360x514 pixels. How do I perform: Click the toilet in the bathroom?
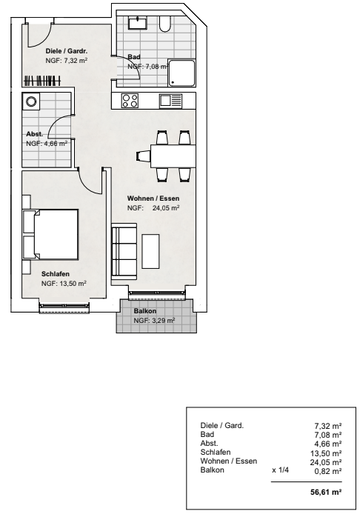(x=165, y=24)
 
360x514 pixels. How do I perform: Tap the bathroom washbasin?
(x=138, y=23)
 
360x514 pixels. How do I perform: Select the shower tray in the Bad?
(x=181, y=73)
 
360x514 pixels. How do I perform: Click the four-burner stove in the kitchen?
(x=130, y=100)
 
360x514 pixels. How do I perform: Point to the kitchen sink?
(x=170, y=101)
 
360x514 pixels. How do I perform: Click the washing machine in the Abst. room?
(x=31, y=101)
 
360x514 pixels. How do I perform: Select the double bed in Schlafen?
(x=50, y=235)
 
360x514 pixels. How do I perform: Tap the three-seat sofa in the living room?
(x=124, y=251)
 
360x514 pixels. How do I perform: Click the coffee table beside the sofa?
(x=151, y=251)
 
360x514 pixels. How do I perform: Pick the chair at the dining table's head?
(x=143, y=156)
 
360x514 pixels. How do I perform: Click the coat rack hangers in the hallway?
(x=43, y=80)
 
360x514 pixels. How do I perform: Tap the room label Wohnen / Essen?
(x=153, y=198)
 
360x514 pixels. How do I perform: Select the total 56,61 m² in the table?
(x=326, y=492)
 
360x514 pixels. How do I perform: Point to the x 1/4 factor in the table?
(x=280, y=470)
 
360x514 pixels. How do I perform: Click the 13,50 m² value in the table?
(x=326, y=453)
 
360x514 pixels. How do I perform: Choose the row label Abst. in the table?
(x=209, y=443)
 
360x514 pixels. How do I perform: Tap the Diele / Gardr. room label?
(x=67, y=51)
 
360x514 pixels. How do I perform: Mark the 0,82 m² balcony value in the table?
(x=328, y=471)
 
